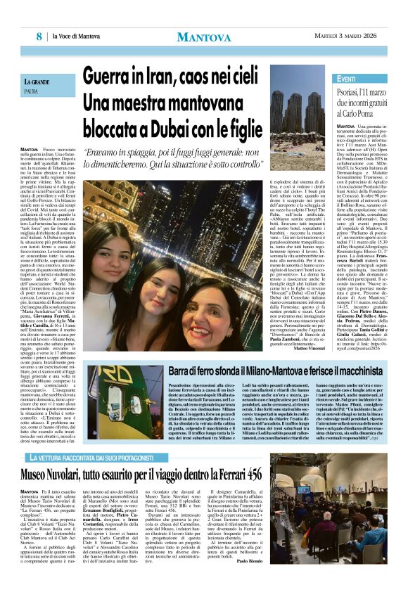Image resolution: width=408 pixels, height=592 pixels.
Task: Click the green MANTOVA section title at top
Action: pyautogui.click(x=203, y=36)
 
